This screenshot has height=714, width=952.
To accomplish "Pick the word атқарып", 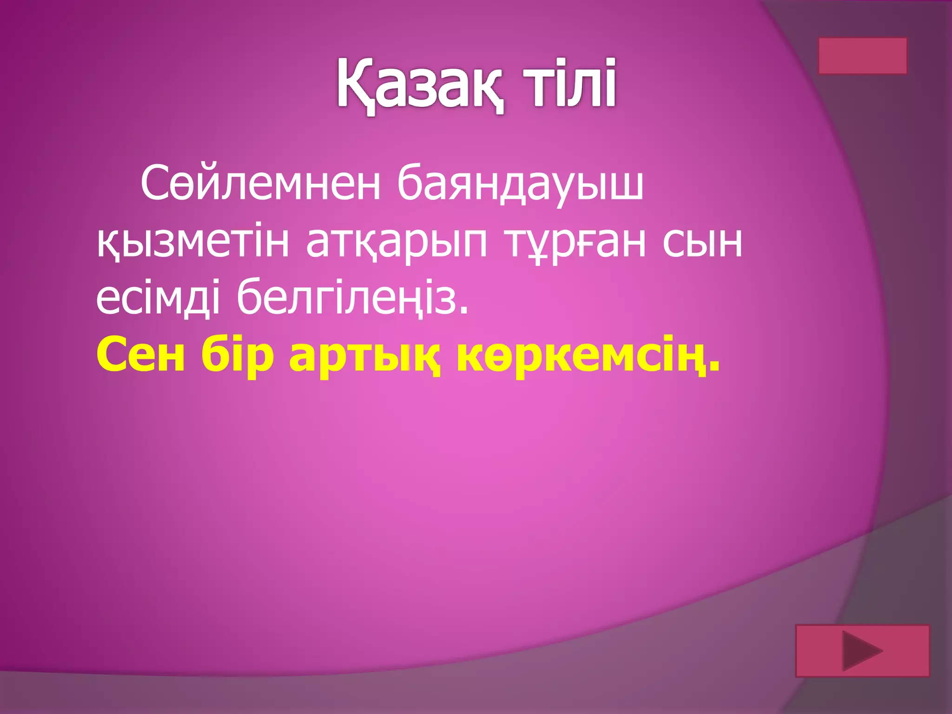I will [397, 243].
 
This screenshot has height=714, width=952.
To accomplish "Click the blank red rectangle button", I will [862, 56].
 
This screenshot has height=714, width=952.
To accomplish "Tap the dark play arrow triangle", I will [861, 650].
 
